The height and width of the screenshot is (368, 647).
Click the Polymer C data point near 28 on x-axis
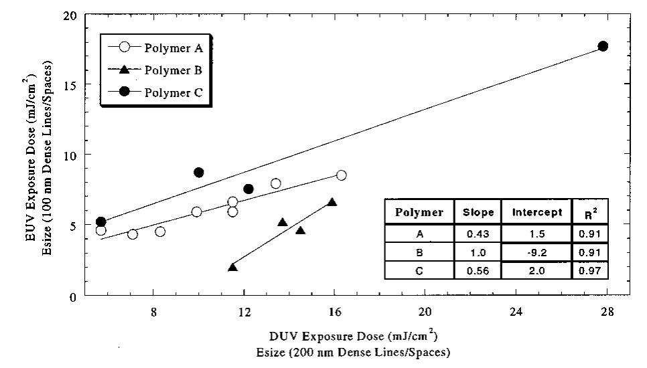click(x=603, y=46)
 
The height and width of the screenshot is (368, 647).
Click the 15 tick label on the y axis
click(x=70, y=85)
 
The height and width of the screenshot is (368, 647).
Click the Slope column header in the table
click(x=478, y=212)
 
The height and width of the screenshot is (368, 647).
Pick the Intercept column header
click(x=536, y=212)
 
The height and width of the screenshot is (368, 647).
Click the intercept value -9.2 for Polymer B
click(x=536, y=252)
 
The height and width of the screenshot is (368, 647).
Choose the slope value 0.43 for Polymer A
click(x=478, y=235)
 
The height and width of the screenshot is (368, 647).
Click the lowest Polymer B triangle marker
click(x=232, y=267)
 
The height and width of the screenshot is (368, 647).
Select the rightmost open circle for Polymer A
click(x=341, y=175)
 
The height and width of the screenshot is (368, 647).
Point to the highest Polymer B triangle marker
click(x=332, y=202)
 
